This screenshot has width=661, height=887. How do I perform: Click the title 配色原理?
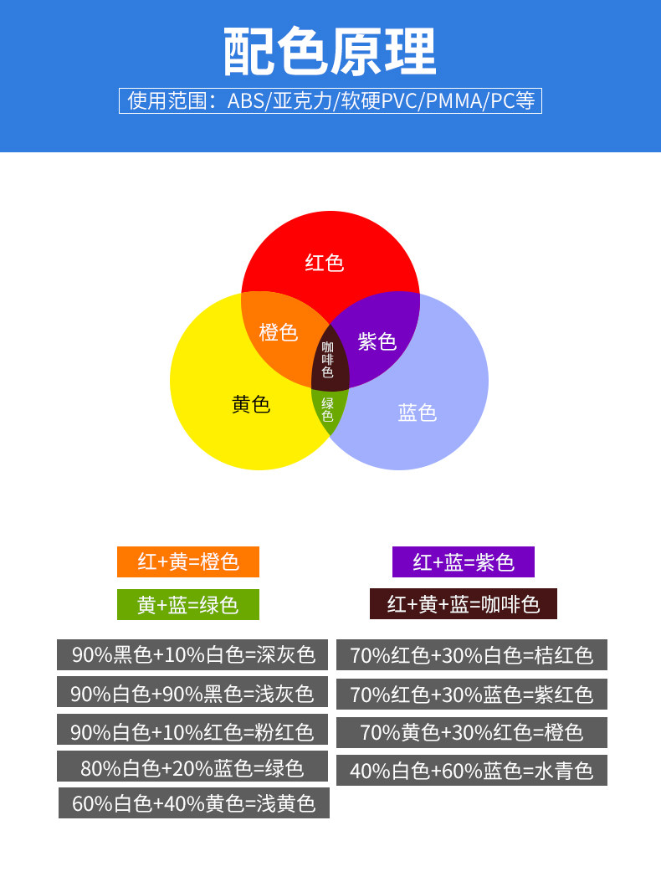click(330, 52)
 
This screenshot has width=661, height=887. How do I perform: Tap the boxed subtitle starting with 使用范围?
click(330, 101)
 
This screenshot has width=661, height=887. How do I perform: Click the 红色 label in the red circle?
click(325, 264)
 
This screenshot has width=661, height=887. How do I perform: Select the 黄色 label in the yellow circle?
click(251, 405)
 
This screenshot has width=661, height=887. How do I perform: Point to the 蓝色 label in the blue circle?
click(418, 413)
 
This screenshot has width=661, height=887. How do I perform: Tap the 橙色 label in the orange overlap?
click(279, 332)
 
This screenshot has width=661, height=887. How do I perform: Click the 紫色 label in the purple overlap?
click(377, 341)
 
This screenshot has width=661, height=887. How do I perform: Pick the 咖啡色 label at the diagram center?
click(328, 360)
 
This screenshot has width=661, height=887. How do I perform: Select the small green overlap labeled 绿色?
click(328, 409)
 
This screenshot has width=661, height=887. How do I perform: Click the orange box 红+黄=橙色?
click(188, 561)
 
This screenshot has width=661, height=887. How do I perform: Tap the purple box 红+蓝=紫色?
click(464, 561)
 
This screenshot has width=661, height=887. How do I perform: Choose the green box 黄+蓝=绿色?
click(188, 604)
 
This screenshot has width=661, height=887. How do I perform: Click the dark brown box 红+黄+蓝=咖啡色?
click(464, 604)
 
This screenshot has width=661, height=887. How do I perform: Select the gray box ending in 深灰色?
click(192, 654)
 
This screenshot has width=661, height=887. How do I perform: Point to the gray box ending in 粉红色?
click(192, 732)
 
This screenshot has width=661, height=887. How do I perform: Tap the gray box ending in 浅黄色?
click(194, 803)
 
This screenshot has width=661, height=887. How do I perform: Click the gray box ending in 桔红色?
click(472, 655)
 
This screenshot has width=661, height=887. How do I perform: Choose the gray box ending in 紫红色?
click(472, 695)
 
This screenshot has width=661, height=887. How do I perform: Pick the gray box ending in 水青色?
click(472, 771)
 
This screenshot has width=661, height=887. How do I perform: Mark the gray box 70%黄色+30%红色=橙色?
click(472, 732)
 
